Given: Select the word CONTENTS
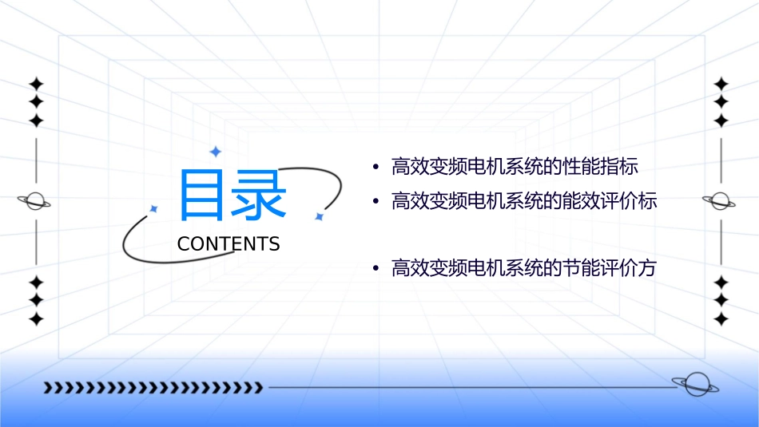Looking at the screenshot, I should pos(228,244).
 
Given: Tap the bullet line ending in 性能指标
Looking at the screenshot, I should pos(515,167).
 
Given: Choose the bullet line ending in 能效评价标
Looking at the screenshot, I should pos(524,201).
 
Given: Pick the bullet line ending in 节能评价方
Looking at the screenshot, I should pos(523,269).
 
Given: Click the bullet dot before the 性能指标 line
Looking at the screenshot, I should pos(376,168).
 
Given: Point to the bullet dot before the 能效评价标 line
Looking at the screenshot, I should pos(376,202).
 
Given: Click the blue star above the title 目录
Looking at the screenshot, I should pos(214,151).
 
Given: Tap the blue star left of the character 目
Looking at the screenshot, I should pos(153,208).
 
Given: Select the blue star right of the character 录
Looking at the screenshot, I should pos(318,216).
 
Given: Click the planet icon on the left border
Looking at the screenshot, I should pos(34,201).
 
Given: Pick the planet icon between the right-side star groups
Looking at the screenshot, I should pos(719,201).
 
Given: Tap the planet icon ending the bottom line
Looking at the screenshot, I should pos(694,385).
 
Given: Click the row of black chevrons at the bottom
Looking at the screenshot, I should pos(153,388).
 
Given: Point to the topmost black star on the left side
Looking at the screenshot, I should pos(35,83).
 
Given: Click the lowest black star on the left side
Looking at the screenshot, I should pos(35,319).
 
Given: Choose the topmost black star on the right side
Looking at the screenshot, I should pos(721,83).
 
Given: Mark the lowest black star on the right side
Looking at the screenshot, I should pos(721,319).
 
